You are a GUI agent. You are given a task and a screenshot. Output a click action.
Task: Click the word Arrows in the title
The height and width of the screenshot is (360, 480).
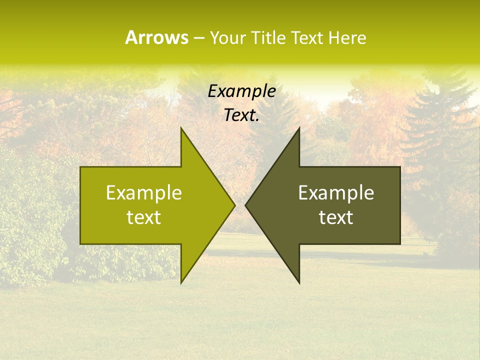156,37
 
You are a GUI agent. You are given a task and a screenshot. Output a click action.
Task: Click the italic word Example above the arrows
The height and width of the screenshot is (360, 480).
241,91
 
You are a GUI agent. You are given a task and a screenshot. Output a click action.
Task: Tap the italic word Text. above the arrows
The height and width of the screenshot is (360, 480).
241,115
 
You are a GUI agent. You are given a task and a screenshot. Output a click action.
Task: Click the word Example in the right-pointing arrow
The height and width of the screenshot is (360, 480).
144,193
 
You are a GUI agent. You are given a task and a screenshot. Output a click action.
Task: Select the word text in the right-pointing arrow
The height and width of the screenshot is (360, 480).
144,217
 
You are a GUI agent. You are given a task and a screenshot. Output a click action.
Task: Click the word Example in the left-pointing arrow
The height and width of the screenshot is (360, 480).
336,193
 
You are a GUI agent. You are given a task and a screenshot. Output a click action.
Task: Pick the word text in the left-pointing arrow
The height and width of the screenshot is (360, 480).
336,217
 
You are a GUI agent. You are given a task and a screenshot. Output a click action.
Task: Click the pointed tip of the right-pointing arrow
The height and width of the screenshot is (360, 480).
234,205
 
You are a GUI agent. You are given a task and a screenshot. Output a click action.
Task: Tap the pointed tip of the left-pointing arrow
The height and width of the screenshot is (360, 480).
245,205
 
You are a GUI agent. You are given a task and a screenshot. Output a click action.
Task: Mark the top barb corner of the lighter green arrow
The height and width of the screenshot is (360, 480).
181,127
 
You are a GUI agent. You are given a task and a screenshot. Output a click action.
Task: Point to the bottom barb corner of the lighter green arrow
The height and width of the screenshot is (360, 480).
181,283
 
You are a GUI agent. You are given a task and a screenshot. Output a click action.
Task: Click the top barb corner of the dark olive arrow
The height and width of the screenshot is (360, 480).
299,127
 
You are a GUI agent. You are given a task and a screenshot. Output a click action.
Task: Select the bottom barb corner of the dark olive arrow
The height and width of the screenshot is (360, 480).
299,283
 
